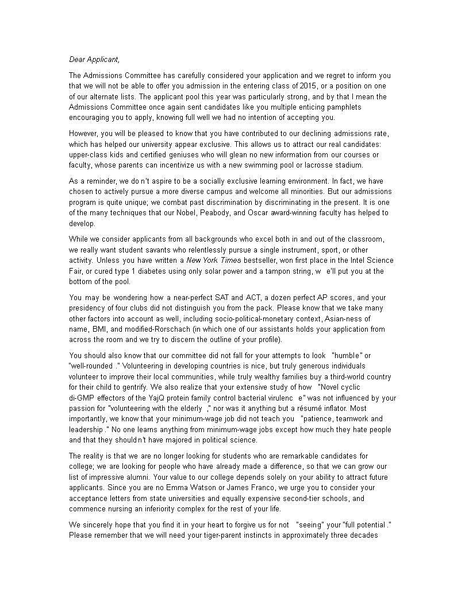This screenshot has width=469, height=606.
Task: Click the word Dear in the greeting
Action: pyautogui.click(x=78, y=59)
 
